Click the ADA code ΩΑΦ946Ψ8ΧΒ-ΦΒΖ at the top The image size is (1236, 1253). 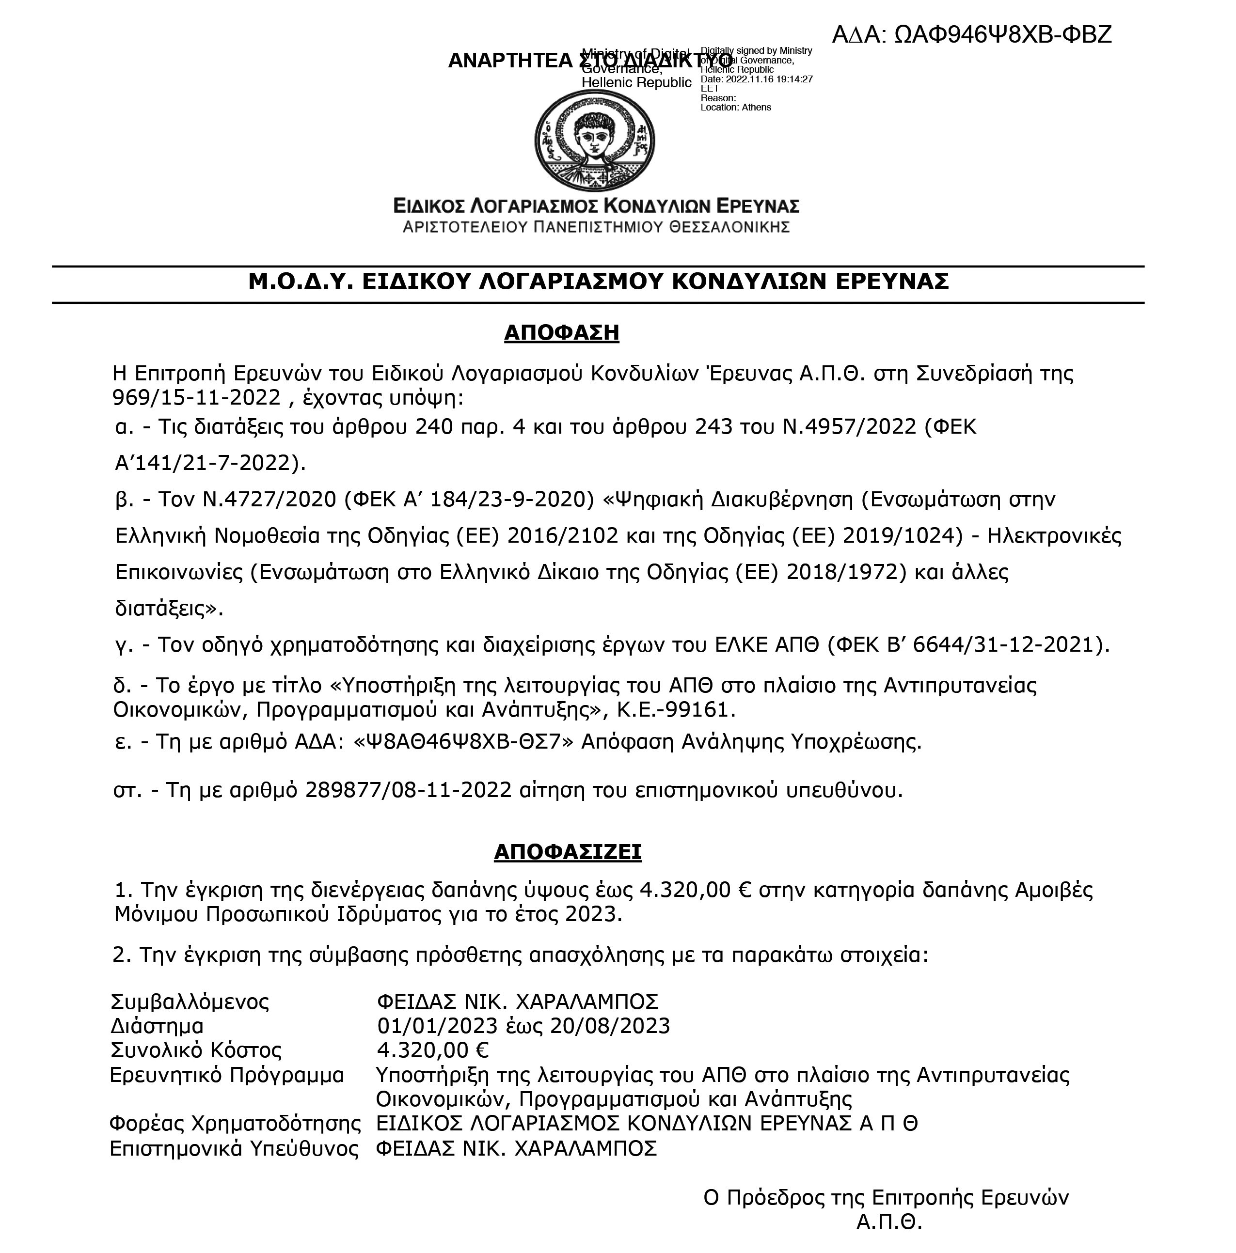1002,34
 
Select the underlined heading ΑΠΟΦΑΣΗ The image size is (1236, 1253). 562,333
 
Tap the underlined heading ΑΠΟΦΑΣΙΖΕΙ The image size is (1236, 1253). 568,851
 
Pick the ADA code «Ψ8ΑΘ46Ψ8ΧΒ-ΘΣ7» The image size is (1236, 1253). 464,741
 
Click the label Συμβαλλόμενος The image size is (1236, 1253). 190,1002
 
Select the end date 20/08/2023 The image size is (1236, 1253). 610,1027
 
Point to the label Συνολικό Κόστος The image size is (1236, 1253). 196,1050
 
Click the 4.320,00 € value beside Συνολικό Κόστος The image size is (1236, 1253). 433,1050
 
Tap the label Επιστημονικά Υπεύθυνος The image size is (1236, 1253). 234,1148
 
